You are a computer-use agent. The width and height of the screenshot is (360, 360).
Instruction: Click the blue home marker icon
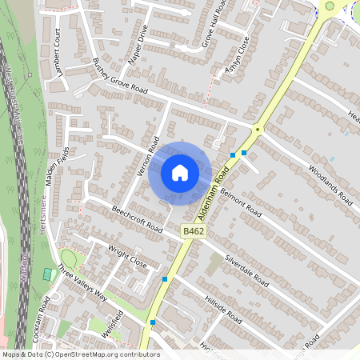tap(180, 173)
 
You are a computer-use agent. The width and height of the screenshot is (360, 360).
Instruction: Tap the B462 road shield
tap(190, 231)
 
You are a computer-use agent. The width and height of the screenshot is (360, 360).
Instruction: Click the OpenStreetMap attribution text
tap(80, 354)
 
